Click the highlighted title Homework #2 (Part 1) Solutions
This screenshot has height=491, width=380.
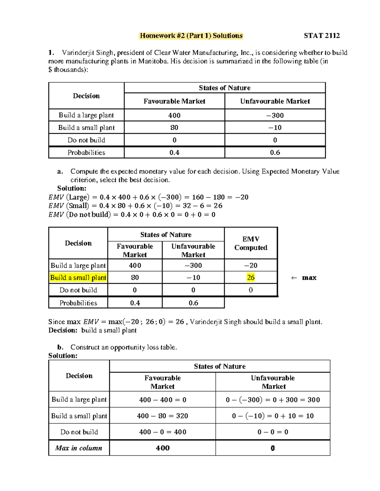click(191, 36)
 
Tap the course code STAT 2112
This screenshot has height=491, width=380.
click(321, 36)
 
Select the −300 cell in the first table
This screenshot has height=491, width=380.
click(275, 115)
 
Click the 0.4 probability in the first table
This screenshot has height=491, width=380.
click(174, 152)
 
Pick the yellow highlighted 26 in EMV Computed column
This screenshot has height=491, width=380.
click(250, 278)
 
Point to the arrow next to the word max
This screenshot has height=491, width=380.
click(294, 278)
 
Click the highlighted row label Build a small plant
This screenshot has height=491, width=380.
click(78, 278)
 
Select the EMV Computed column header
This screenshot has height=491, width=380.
click(250, 243)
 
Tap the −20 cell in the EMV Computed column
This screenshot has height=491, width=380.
click(250, 266)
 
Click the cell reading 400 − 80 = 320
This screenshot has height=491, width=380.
click(162, 416)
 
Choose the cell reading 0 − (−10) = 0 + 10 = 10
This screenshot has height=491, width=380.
click(273, 416)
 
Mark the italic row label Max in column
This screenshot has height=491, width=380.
click(79, 448)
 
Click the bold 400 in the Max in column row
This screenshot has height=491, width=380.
click(162, 448)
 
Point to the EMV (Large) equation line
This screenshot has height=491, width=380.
click(148, 197)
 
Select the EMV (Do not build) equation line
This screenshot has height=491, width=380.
click(132, 215)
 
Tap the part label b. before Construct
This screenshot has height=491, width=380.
click(60, 347)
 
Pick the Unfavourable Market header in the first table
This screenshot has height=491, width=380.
click(275, 101)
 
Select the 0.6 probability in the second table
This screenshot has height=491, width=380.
click(193, 303)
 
